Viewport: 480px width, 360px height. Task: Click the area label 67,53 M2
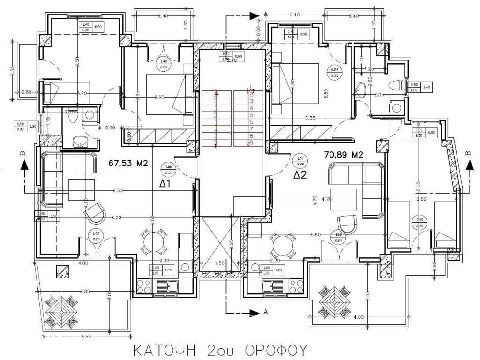(128, 164)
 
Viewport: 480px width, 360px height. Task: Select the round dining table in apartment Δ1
(153, 242)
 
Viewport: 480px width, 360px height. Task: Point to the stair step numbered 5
(251, 115)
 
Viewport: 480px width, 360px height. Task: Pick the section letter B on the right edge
(467, 153)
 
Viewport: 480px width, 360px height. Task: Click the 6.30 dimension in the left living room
(117, 191)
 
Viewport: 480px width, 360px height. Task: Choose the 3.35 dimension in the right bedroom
(310, 118)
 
